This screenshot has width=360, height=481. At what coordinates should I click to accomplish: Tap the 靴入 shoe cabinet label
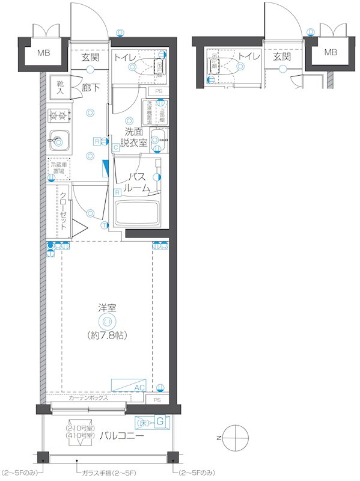pos(61,87)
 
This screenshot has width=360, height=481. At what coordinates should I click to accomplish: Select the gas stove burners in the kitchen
pos(59,114)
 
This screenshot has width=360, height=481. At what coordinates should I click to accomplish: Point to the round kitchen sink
pos(58,140)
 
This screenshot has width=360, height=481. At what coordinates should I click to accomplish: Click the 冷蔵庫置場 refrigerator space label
pos(59,167)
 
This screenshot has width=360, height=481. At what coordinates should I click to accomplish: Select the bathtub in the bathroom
pos(138,213)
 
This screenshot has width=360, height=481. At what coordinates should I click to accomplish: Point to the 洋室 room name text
pos(108,307)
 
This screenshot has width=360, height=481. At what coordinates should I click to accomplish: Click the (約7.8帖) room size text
pos(108,334)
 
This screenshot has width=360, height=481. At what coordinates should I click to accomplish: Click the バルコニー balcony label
pos(121,435)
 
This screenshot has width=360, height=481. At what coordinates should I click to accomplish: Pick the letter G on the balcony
pos(160,422)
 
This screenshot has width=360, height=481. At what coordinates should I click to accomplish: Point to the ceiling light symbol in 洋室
pos(108,321)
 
